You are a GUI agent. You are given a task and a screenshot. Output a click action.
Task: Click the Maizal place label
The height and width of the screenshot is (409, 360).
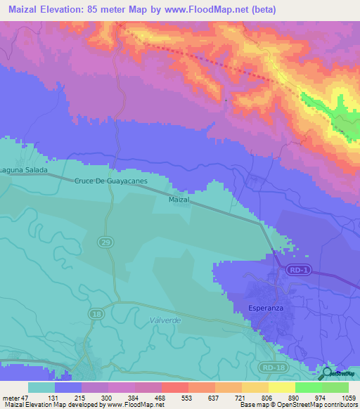[x=179, y=200]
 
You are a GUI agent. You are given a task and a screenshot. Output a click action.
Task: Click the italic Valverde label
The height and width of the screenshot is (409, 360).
[x=166, y=320]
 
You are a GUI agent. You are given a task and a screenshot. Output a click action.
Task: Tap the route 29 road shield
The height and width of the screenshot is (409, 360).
[x=103, y=242]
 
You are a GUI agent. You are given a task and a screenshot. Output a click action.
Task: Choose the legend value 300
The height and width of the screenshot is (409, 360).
[x=108, y=398]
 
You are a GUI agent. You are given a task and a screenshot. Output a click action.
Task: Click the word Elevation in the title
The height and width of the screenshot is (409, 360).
[x=58, y=10]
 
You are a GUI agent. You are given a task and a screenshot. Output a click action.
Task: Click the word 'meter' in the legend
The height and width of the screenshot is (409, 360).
[x=11, y=398]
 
